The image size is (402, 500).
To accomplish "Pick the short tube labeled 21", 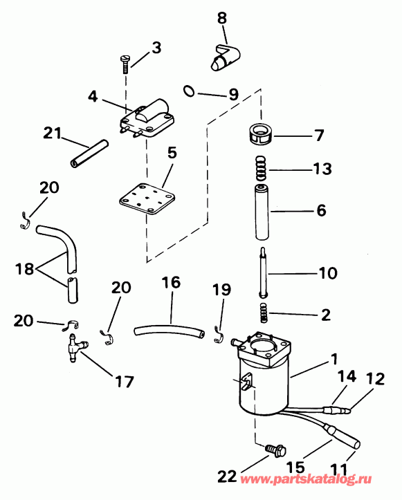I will tap(89, 154).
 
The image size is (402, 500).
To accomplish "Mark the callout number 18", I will tap(24, 268).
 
